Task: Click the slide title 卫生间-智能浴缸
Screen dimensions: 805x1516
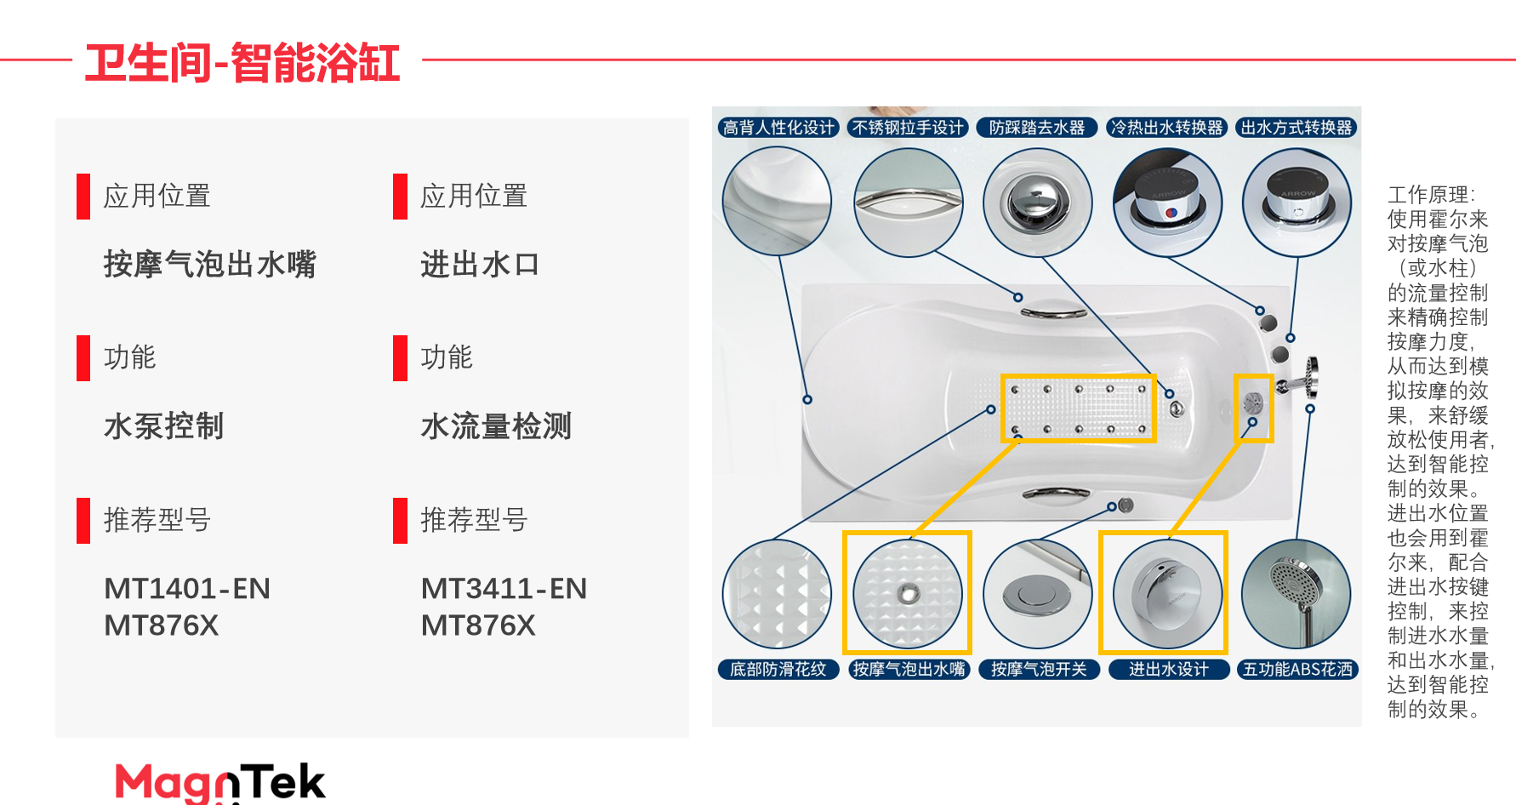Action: (x=242, y=63)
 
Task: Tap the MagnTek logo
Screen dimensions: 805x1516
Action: (x=219, y=782)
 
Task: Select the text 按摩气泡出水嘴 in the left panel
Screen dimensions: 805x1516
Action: (x=209, y=265)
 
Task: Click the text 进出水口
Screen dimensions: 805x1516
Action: (x=480, y=265)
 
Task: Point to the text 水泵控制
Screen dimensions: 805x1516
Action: (x=163, y=426)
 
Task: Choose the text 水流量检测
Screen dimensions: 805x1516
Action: (x=496, y=426)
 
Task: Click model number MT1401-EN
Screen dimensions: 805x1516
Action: (x=187, y=588)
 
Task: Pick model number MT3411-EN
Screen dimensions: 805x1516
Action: (x=504, y=588)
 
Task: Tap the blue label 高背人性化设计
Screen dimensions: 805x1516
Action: (x=778, y=128)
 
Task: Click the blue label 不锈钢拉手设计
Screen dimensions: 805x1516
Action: (x=909, y=128)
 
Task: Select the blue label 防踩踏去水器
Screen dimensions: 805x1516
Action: (x=1037, y=128)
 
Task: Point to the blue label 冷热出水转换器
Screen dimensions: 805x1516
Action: (x=1167, y=128)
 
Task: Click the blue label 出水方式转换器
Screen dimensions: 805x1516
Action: (x=1297, y=128)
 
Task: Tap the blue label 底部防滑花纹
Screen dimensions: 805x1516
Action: (x=778, y=670)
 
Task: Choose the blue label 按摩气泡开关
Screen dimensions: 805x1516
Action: (x=1039, y=670)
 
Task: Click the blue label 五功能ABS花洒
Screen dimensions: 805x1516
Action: (x=1297, y=670)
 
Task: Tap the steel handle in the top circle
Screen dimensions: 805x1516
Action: (x=909, y=202)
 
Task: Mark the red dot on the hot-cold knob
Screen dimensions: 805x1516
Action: (x=1171, y=212)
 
